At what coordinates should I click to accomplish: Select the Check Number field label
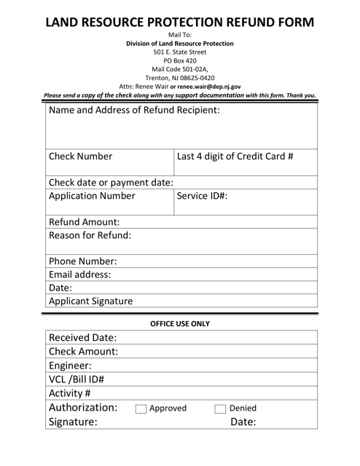(81, 156)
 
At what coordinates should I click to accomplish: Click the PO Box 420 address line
(180, 60)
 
